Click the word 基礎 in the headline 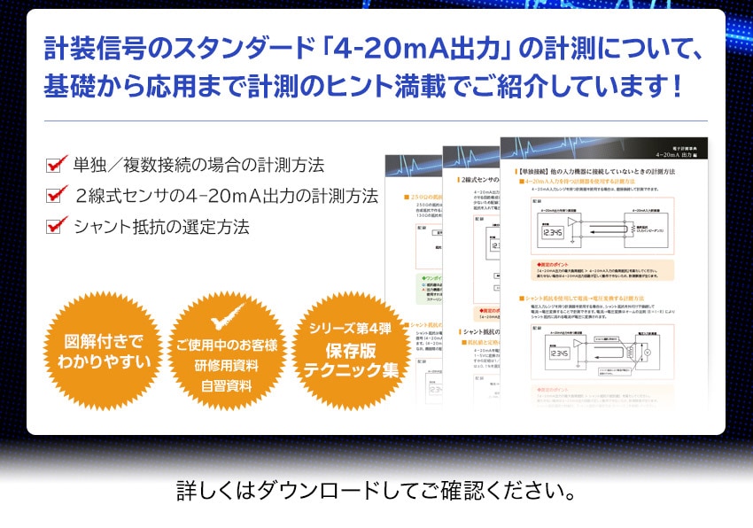pyautogui.click(x=73, y=86)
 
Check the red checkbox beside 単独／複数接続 pyautogui.click(x=58, y=164)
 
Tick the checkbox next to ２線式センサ pyautogui.click(x=58, y=194)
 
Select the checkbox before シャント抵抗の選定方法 pyautogui.click(x=58, y=225)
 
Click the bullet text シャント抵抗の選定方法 pyautogui.click(x=161, y=226)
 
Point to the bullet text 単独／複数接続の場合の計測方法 pyautogui.click(x=198, y=165)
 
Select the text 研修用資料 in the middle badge pyautogui.click(x=225, y=365)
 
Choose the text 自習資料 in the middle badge pyautogui.click(x=225, y=385)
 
